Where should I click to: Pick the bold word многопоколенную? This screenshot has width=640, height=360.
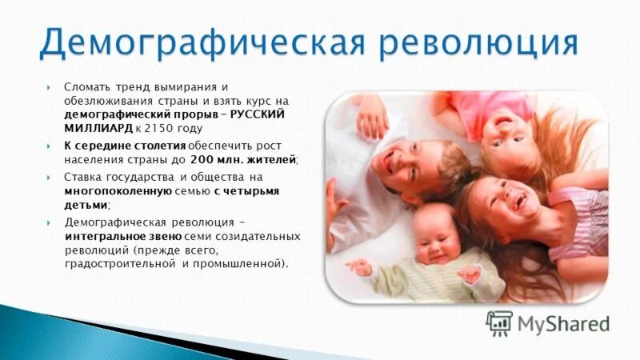(118, 191)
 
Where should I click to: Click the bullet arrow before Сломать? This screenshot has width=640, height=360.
(50, 87)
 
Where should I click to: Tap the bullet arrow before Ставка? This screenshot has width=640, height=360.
(50, 177)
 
